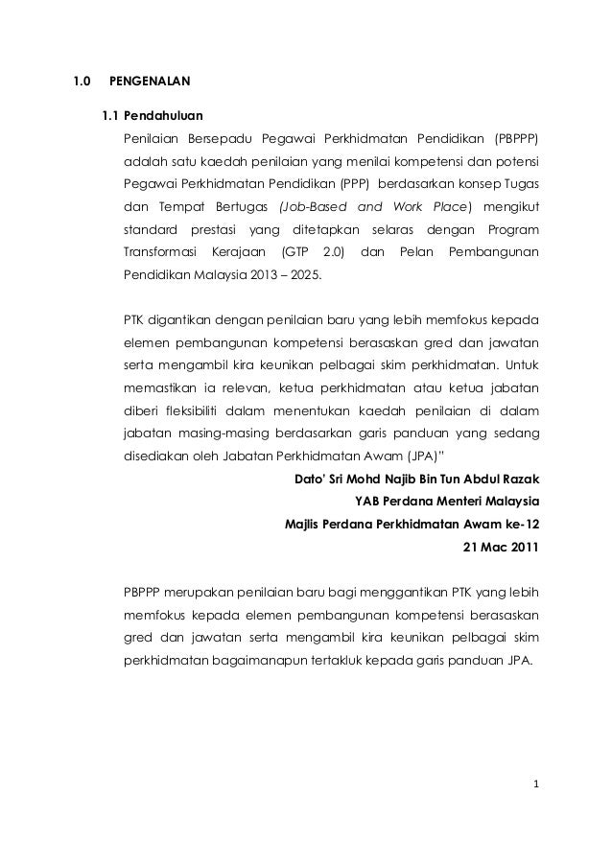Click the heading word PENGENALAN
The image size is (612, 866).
pyautogui.click(x=151, y=81)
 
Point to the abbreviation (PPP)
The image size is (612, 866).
pyautogui.click(x=354, y=183)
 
